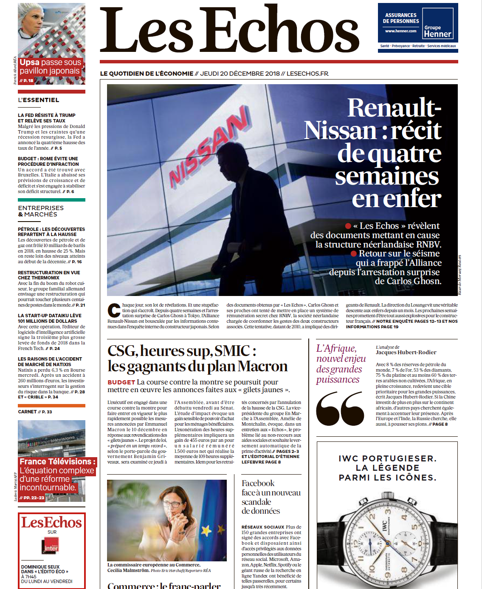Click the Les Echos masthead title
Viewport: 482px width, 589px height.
pyautogui.click(x=229, y=31)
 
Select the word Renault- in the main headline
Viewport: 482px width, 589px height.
pyautogui.click(x=394, y=108)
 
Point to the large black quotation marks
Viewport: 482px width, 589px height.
pyautogui.click(x=340, y=408)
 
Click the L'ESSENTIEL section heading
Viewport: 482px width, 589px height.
pyautogui.click(x=39, y=100)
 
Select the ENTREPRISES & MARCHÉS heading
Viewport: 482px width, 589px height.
pyautogui.click(x=41, y=211)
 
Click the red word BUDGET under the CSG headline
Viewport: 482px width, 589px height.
pyautogui.click(x=121, y=382)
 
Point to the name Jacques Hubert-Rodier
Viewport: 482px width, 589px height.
pyautogui.click(x=406, y=352)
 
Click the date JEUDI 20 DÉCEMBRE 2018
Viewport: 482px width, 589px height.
pyautogui.click(x=240, y=74)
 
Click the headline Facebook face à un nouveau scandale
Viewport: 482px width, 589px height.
pyautogui.click(x=271, y=497)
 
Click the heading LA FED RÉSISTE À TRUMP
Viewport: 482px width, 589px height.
pyautogui.click(x=47, y=115)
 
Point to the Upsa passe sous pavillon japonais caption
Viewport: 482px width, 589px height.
pyautogui.click(x=50, y=67)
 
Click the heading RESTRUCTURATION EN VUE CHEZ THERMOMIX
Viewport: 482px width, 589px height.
pyautogui.click(x=49, y=275)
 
